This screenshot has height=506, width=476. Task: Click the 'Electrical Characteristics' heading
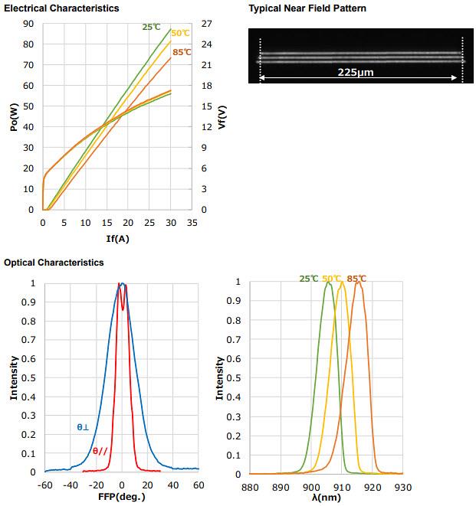point(61,8)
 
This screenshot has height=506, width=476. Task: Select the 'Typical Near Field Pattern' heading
point(307,8)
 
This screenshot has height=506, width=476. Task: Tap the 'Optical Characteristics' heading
point(54,263)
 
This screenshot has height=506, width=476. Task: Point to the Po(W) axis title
point(14,116)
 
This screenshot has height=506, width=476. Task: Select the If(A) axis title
point(117,239)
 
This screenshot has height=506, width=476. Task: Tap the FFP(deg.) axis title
point(121,496)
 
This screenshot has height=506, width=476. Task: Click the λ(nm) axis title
point(326,497)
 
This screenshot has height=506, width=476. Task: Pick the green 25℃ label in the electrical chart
point(151,27)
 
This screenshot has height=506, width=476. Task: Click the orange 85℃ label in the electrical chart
point(182,52)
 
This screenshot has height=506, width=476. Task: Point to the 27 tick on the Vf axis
point(206,24)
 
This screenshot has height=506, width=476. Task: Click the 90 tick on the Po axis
point(28,24)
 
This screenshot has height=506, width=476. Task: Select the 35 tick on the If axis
point(192,223)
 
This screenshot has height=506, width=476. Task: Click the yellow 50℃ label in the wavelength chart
point(332,279)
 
